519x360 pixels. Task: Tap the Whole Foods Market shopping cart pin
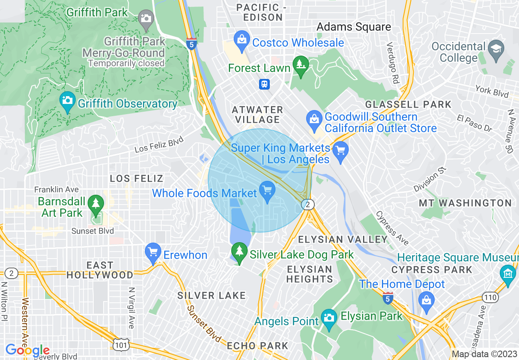pyautogui.click(x=267, y=190)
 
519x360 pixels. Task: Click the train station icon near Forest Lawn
pyautogui.click(x=264, y=84)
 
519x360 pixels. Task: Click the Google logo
pyautogui.click(x=27, y=350)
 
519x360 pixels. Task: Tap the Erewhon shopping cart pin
pyautogui.click(x=153, y=252)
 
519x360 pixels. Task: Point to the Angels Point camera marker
pyautogui.click(x=328, y=318)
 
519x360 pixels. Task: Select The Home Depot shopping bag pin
pyautogui.click(x=426, y=301)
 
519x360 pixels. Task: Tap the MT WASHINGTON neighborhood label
pyautogui.click(x=465, y=203)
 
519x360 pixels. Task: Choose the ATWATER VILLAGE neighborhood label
pyautogui.click(x=257, y=115)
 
